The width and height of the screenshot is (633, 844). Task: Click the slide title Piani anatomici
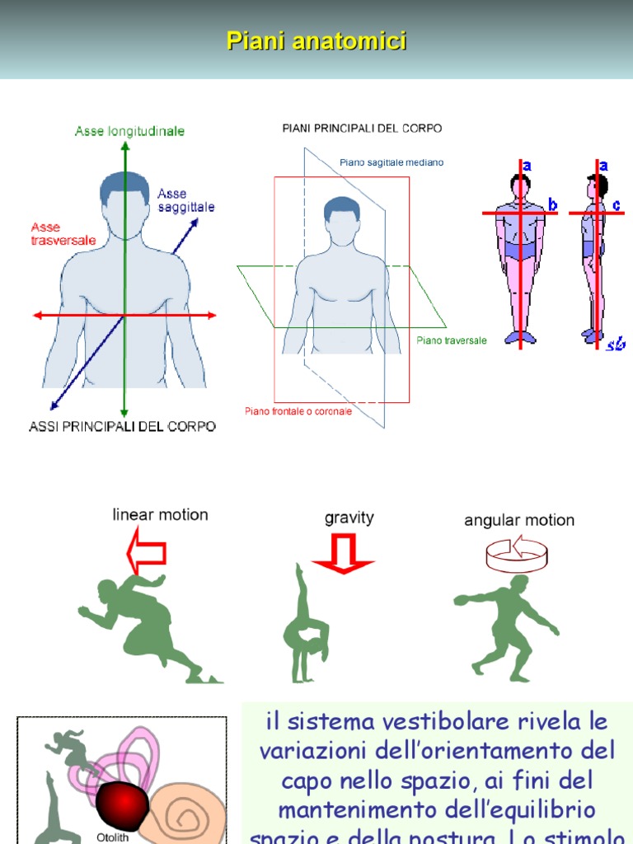pos(316,41)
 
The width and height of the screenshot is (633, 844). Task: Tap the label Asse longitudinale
pos(129,131)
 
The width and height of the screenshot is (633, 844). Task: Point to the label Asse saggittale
pos(186,200)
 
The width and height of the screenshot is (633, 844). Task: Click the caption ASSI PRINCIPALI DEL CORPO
pos(122,427)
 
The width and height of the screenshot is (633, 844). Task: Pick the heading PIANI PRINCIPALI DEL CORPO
pos(362,129)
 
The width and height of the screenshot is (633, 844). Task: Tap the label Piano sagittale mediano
pos(392,162)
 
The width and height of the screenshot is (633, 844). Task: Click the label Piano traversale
pos(452,340)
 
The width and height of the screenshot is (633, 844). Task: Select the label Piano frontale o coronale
pos(298,410)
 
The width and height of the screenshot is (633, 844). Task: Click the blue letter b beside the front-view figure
pos(553,204)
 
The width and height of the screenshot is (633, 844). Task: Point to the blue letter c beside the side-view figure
pos(617,204)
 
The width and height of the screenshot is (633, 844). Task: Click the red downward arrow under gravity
pos(343,554)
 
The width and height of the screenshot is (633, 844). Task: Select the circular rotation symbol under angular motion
pos(517,554)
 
